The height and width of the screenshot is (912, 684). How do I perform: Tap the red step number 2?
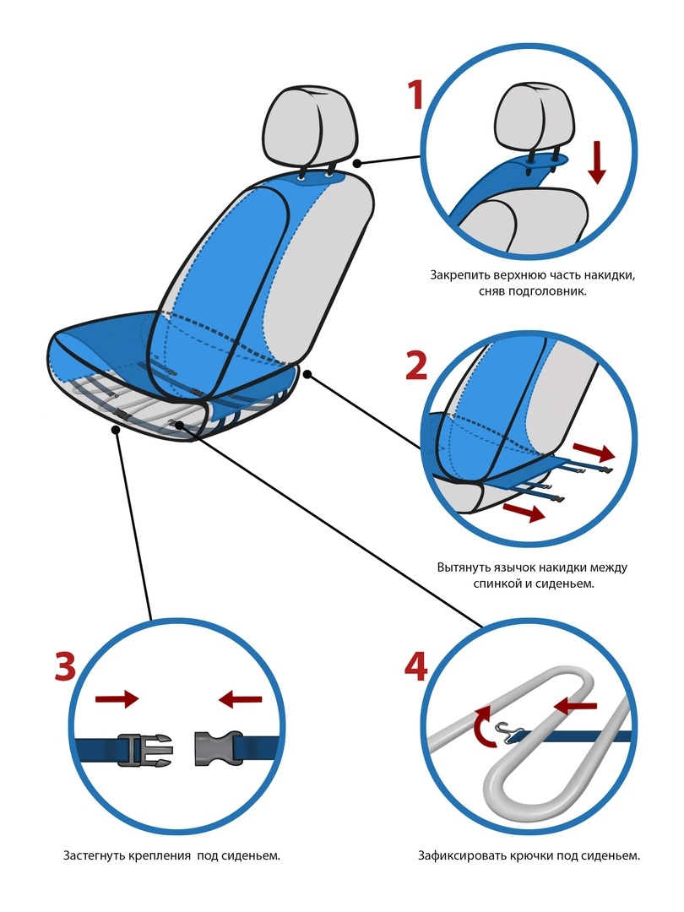pos(416,366)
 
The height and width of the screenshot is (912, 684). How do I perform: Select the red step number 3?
pos(66,666)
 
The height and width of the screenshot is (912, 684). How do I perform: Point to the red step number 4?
pos(415,666)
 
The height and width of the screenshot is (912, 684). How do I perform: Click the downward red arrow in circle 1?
pos(597,162)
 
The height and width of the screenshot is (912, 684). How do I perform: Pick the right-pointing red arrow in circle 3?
pos(117,698)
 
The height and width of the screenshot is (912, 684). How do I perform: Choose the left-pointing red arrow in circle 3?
pos(240,698)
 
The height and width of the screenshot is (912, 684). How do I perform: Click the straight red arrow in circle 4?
pos(575,706)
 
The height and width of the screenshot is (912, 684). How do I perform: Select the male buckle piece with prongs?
pos(145,749)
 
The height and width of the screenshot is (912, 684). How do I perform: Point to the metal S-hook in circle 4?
pos(507,731)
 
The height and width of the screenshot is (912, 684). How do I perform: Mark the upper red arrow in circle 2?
pos(594,451)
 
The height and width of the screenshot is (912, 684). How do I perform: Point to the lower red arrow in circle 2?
pos(524,512)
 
